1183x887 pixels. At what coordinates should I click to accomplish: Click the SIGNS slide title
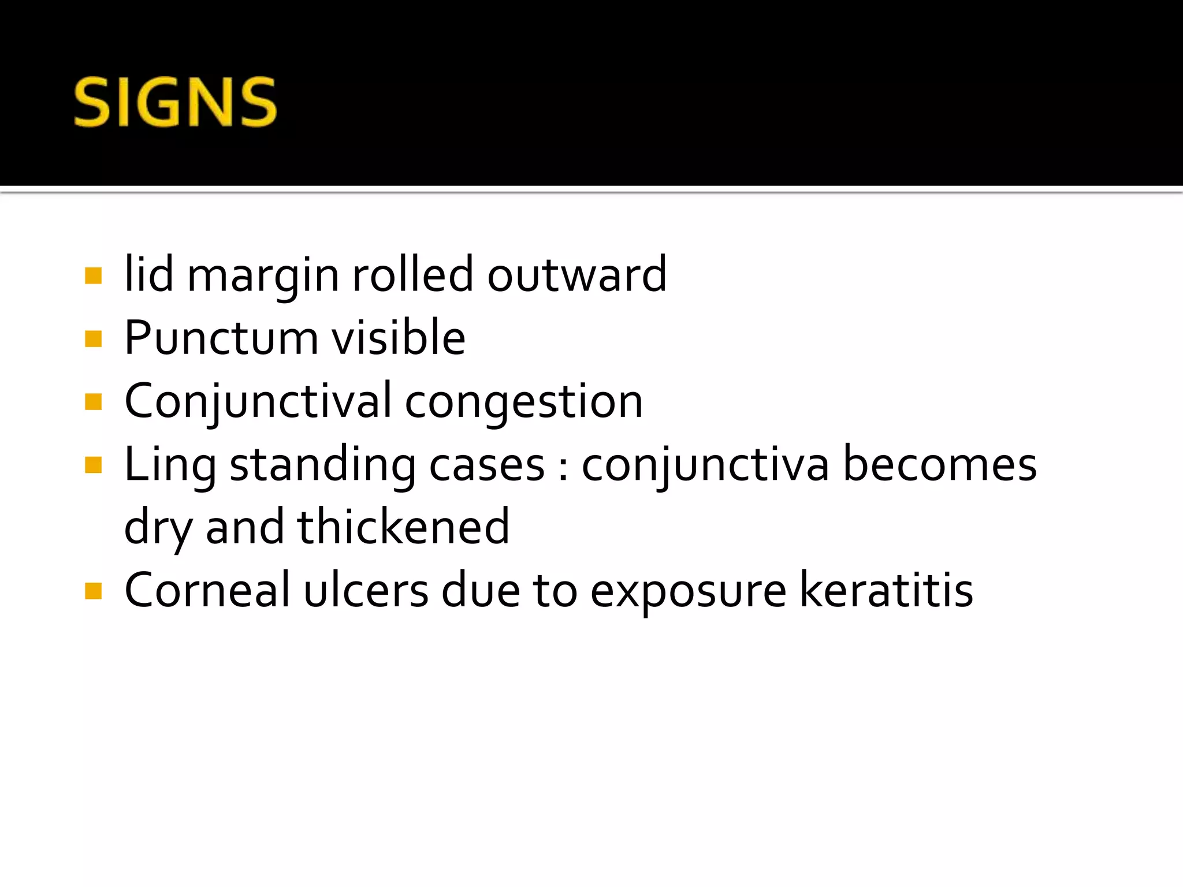[x=175, y=103]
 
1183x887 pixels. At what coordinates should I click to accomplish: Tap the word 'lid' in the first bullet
[x=148, y=274]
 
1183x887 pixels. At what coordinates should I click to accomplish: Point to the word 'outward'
[x=576, y=275]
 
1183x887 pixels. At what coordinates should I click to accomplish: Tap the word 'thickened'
[x=403, y=527]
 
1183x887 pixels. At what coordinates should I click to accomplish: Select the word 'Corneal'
[x=207, y=590]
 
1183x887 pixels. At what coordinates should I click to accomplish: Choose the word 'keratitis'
[x=886, y=590]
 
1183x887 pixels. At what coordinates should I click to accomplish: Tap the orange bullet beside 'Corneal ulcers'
[x=93, y=591]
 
